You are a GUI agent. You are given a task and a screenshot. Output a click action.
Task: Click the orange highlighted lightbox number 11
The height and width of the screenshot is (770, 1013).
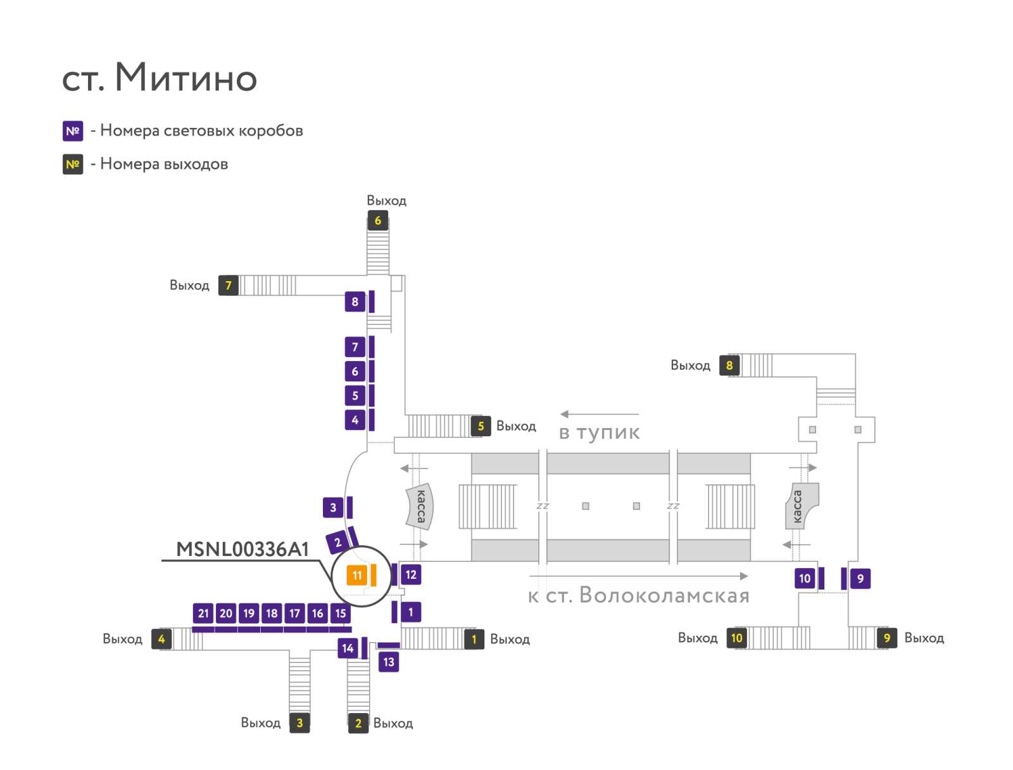click(x=356, y=575)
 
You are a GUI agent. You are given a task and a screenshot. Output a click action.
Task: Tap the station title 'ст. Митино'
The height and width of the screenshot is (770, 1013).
click(x=159, y=77)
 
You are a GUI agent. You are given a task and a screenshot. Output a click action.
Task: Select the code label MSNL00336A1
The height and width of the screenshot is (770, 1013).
click(x=242, y=549)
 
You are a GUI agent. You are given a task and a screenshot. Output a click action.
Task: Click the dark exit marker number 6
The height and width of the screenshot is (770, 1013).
click(x=377, y=220)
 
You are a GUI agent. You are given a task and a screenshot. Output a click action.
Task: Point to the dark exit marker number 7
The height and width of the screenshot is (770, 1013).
click(x=228, y=285)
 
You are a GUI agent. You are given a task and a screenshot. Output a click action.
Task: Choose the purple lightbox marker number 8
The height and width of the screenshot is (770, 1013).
click(x=355, y=301)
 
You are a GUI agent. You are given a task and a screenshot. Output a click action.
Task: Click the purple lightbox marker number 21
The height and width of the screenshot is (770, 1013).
click(x=203, y=613)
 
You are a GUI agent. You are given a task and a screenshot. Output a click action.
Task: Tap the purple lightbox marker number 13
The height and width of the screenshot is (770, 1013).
click(x=388, y=662)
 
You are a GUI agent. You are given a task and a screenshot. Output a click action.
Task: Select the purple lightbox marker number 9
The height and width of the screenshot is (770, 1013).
click(x=860, y=579)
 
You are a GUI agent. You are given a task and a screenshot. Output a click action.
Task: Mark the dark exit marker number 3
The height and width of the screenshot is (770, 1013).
click(x=299, y=723)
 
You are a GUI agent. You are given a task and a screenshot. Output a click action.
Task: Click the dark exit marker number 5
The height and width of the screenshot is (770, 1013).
click(x=481, y=426)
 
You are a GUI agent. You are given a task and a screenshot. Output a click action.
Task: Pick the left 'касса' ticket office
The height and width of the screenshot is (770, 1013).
click(x=420, y=506)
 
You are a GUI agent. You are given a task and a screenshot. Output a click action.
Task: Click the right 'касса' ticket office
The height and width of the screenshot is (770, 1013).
click(x=801, y=506)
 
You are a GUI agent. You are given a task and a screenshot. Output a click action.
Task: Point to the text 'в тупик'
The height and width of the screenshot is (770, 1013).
click(x=599, y=432)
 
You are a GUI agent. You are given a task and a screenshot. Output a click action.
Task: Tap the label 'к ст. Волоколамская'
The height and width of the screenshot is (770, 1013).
click(x=638, y=595)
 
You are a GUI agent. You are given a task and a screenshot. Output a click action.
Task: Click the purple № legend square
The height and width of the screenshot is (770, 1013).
click(x=73, y=131)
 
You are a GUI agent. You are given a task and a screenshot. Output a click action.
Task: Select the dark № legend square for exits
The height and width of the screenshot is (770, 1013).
click(x=73, y=164)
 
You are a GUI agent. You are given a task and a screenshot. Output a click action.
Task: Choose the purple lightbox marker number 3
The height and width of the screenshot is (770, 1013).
click(x=333, y=507)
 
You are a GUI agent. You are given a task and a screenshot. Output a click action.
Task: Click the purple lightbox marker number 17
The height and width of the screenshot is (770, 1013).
click(x=294, y=613)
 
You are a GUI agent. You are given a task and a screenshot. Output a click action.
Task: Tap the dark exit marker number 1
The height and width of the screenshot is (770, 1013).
click(x=474, y=640)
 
